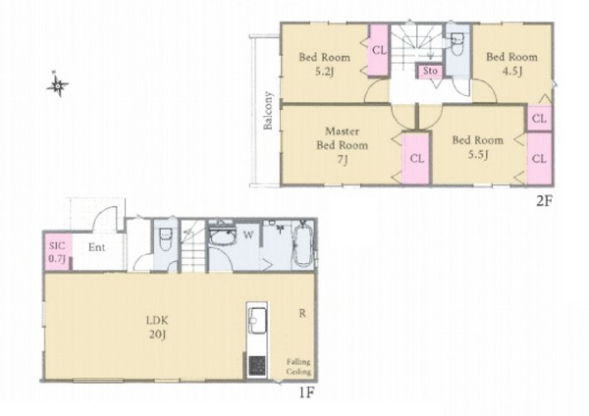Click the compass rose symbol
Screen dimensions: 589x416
coord(58,84)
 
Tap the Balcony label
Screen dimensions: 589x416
coord(268,111)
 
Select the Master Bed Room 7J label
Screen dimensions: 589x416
coord(342,145)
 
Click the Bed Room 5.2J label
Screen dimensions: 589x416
coord(325,64)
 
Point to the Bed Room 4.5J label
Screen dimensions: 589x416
coord(511,64)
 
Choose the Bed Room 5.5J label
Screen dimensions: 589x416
coord(477,147)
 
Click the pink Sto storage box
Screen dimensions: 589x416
coord(431,71)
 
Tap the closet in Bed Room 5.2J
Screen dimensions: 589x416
coord(378,50)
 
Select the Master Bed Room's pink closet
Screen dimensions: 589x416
coord(416,158)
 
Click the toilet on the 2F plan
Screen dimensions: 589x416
coord(457,44)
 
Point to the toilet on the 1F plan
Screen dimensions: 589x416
coord(166,239)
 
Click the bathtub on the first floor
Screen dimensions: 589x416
coord(301,245)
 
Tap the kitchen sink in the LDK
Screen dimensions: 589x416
coord(257,320)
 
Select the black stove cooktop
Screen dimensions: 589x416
coord(257,366)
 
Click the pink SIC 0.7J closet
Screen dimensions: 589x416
coord(57,251)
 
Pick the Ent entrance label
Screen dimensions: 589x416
coord(96,247)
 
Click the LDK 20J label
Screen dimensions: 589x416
coord(157,328)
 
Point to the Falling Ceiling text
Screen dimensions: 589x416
coord(298,367)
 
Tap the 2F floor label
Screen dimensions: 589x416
coord(544,201)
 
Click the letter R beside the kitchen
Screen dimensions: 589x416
coord(302,313)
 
